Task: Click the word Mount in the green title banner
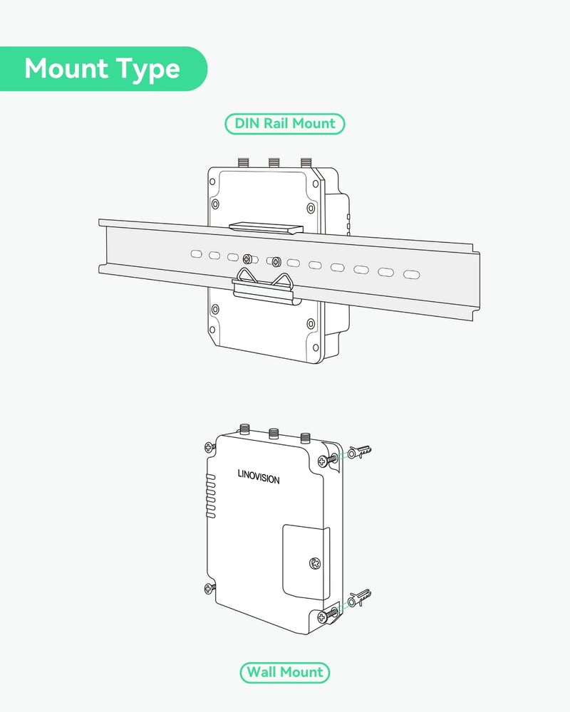click(66, 68)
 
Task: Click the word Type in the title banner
click(147, 70)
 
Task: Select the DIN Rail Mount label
click(285, 123)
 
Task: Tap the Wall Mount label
click(285, 672)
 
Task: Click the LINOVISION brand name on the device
click(259, 477)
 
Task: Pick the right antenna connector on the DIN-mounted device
click(306, 162)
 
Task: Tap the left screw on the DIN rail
click(248, 259)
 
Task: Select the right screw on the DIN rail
click(276, 261)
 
